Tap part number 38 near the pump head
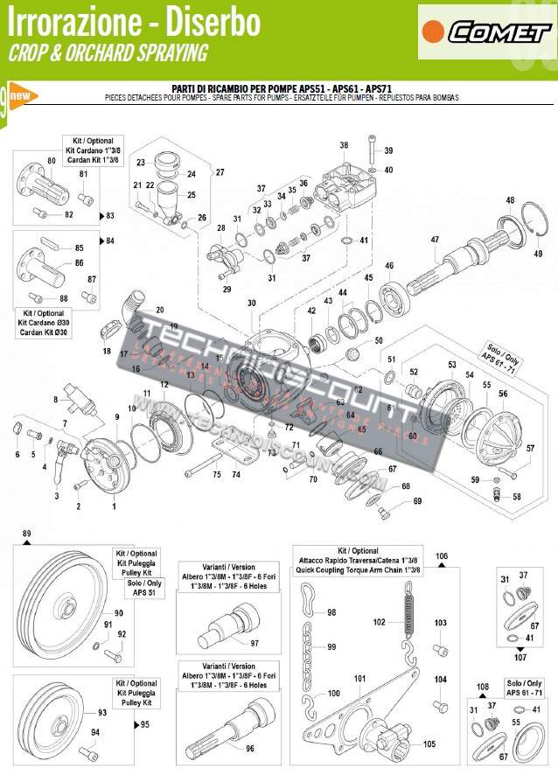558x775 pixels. tap(344, 145)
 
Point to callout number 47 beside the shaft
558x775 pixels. tap(434, 240)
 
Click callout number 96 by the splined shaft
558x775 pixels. tap(250, 748)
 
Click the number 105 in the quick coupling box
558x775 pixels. tap(429, 744)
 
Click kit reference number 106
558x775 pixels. tap(442, 555)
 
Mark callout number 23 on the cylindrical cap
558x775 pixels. tap(140, 164)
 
